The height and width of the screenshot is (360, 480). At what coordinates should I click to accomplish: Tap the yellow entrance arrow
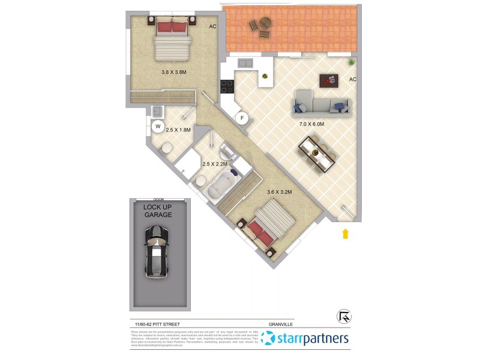click(346, 233)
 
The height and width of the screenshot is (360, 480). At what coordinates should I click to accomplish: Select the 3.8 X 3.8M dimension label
click(174, 72)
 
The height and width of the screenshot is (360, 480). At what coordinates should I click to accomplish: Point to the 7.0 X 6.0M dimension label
click(311, 124)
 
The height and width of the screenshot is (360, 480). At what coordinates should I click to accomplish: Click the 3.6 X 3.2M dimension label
click(279, 192)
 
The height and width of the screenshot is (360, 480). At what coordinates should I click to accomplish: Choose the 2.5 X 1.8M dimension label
click(178, 129)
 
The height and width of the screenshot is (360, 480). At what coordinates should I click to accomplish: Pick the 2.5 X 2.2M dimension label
click(215, 164)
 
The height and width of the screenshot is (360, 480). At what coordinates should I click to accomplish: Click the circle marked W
click(158, 126)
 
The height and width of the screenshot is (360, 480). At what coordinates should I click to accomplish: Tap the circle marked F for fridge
click(243, 118)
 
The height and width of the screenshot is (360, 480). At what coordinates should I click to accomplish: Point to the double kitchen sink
click(246, 63)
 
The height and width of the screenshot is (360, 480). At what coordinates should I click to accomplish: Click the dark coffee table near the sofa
click(328, 79)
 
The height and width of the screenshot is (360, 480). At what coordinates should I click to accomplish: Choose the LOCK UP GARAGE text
click(157, 211)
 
